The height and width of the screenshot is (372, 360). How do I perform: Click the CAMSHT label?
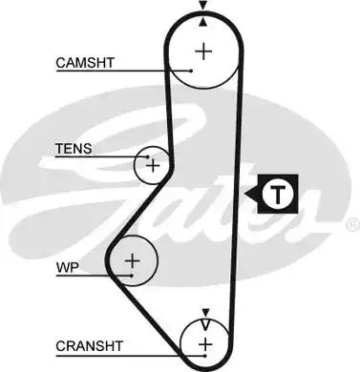[x=86, y=63]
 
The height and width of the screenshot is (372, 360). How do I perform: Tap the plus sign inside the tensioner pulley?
[x=151, y=166]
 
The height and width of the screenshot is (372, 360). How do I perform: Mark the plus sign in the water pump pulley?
[x=133, y=259]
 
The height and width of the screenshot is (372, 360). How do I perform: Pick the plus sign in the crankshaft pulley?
[x=204, y=342]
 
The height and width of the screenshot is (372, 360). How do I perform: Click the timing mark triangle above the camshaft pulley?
[x=203, y=8]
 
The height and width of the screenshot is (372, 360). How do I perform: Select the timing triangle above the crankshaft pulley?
[x=204, y=312]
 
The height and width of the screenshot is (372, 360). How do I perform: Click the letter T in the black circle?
[x=277, y=195]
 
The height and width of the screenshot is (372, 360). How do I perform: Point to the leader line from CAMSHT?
[x=153, y=70]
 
